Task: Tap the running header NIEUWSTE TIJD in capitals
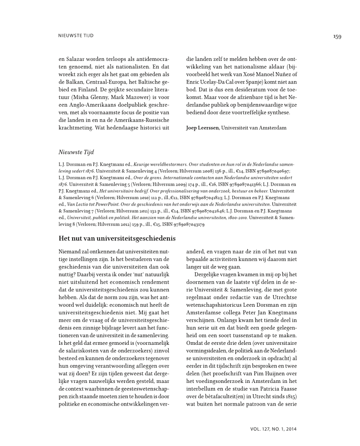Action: (x=76, y=35)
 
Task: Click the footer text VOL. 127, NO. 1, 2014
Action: (x=273, y=428)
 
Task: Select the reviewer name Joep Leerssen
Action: (x=203, y=128)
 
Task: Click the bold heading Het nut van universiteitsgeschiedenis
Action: (x=117, y=238)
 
